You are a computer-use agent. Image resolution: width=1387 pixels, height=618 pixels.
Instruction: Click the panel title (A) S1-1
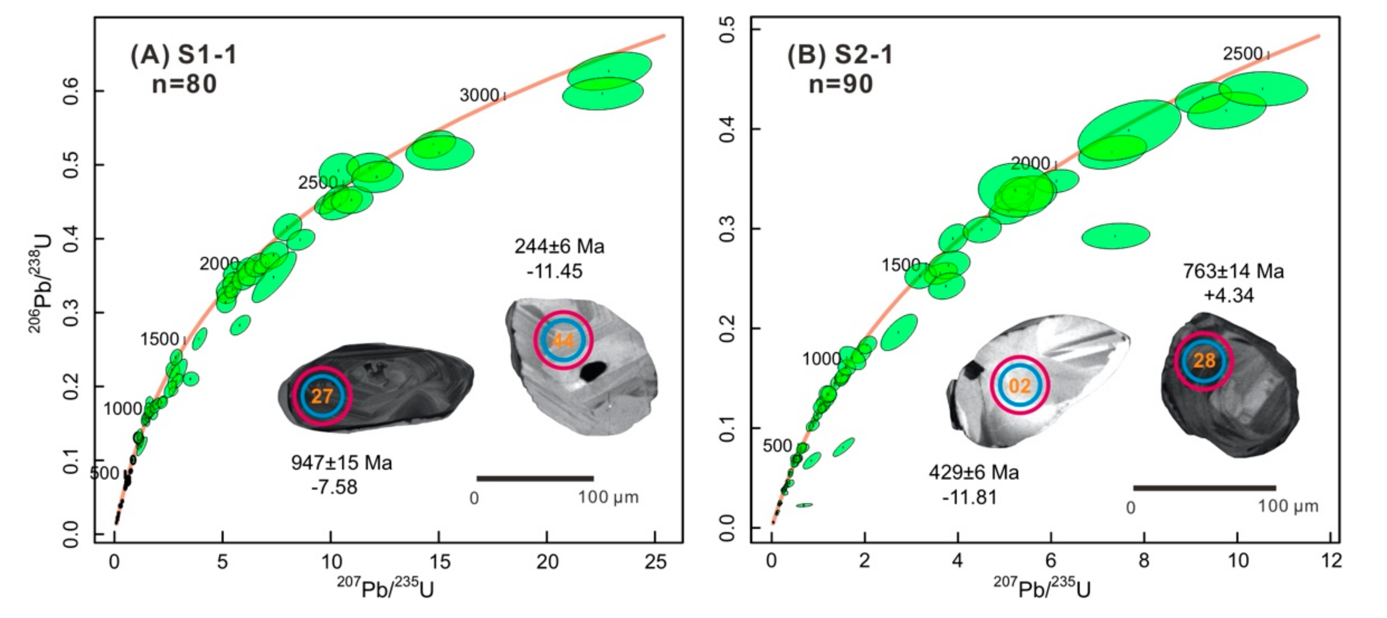184,55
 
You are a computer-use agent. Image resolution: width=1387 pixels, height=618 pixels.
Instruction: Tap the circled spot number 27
322,396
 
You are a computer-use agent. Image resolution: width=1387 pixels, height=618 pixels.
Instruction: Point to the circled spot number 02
1019,386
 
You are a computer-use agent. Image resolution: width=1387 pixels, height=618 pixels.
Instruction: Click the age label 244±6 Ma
559,247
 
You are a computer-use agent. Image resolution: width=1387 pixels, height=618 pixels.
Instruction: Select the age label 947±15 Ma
341,463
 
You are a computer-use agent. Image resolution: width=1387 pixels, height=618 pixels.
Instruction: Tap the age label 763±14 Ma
1233,271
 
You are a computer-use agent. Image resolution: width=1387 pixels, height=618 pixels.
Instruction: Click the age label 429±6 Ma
973,473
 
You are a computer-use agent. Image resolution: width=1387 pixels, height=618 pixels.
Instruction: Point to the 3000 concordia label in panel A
479,95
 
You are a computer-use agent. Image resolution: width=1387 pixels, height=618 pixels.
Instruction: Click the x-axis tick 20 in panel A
547,562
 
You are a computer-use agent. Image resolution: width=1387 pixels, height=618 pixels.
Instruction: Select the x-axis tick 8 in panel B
1143,561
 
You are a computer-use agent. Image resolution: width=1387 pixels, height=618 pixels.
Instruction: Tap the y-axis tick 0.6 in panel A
71,90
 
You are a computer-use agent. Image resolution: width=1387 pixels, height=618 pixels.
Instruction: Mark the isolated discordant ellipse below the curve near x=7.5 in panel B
1116,235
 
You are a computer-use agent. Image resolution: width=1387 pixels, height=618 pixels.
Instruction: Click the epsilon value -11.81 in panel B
969,497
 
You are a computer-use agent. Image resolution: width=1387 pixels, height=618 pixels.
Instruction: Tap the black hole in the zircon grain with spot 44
593,371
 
